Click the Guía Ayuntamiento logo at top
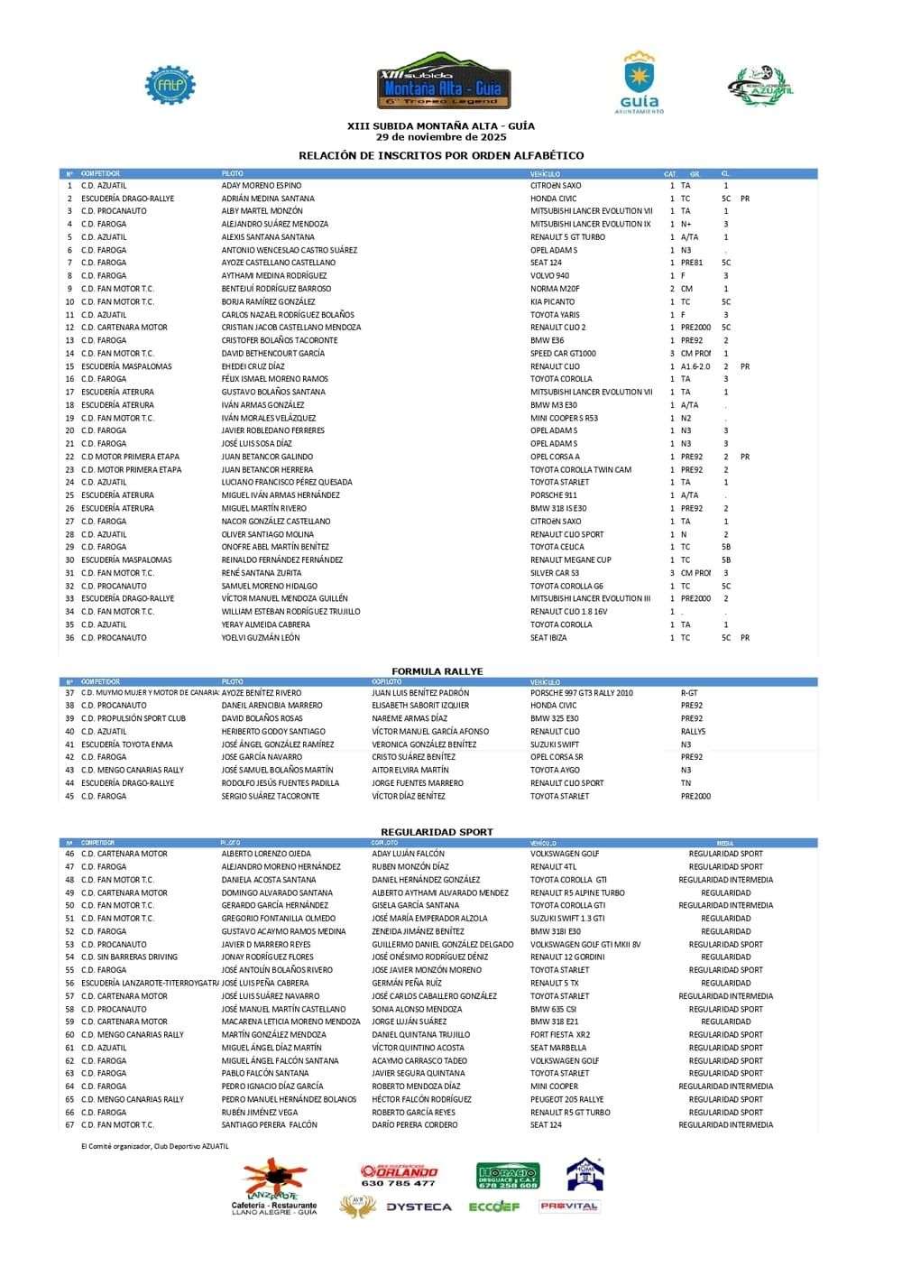639,83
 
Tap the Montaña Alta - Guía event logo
443,81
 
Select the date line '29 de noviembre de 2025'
441,137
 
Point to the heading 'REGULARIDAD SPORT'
437,832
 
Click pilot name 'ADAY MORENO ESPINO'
262,186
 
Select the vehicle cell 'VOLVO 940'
549,276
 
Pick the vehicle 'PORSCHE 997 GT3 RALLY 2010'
582,693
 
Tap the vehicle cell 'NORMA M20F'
555,289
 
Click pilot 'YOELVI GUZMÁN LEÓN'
261,638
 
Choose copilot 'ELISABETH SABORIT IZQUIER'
420,706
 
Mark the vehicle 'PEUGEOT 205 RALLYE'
566,1099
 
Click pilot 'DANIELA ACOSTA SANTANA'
269,880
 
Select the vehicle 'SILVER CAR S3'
555,573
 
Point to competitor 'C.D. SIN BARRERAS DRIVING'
129,957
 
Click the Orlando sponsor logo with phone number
398,1175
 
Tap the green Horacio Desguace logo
508,1175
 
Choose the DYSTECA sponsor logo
419,1207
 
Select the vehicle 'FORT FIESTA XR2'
560,1035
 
